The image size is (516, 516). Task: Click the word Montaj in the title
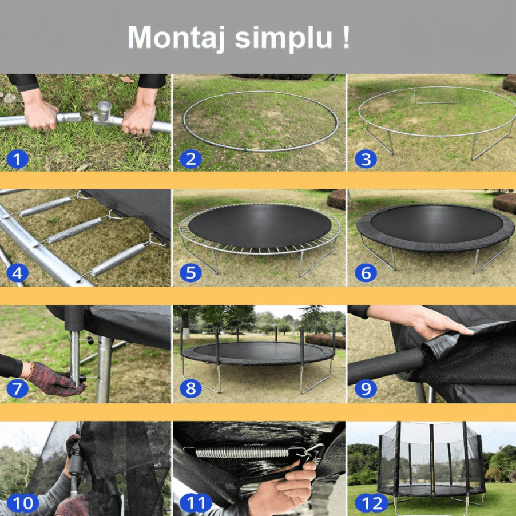click(x=176, y=38)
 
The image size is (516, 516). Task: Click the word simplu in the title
click(x=284, y=38)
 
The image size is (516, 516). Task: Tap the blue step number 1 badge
click(x=17, y=159)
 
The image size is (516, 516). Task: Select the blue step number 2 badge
click(x=190, y=159)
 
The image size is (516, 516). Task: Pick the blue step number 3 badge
click(x=366, y=159)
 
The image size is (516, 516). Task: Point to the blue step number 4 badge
click(x=17, y=273)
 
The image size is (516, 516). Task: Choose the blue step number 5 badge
click(x=190, y=273)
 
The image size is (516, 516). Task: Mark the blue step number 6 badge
click(x=366, y=273)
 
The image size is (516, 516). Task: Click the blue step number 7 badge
click(x=17, y=388)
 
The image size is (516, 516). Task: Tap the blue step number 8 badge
click(x=190, y=388)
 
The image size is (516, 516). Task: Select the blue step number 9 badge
click(x=366, y=388)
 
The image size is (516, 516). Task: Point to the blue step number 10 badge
click(x=23, y=503)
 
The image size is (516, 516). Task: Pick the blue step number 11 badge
click(x=196, y=503)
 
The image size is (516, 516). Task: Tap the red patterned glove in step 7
click(x=54, y=379)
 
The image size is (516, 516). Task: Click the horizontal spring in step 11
click(x=242, y=452)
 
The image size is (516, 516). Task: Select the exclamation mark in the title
click(x=346, y=37)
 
